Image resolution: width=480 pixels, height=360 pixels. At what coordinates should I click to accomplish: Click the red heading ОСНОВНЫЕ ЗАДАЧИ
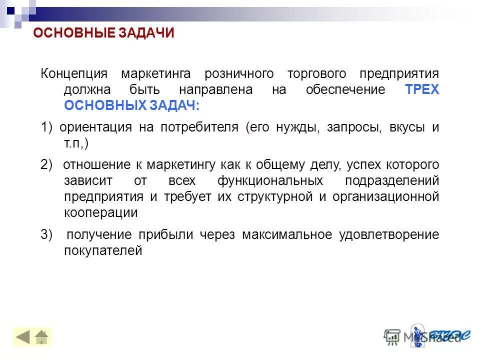(x=103, y=33)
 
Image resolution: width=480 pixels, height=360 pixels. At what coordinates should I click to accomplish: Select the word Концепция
(x=74, y=74)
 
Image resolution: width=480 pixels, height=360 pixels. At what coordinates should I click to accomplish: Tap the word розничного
(x=239, y=74)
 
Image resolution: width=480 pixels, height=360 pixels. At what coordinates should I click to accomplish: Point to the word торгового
(x=316, y=74)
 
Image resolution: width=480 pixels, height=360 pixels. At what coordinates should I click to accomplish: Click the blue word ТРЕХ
(x=422, y=90)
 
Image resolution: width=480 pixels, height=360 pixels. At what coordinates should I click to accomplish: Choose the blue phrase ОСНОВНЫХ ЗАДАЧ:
(x=131, y=106)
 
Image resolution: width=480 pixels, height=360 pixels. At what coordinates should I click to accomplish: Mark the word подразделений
(x=392, y=180)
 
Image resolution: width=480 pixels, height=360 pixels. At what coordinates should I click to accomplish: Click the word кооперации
(x=100, y=212)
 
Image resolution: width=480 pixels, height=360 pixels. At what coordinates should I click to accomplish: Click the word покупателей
(x=103, y=251)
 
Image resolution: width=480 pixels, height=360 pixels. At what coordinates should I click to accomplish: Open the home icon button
(x=41, y=337)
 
